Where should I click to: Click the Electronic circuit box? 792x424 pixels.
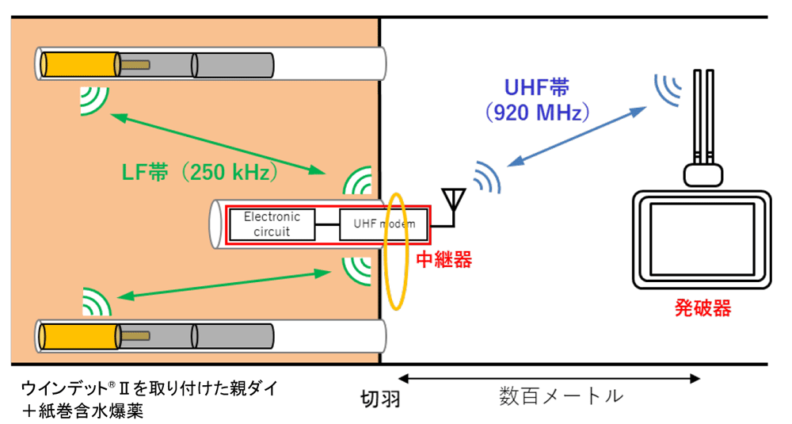[x=272, y=224]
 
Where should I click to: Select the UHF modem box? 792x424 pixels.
[x=384, y=224]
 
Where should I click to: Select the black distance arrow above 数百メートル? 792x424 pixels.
[x=549, y=379]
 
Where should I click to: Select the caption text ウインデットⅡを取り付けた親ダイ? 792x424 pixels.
[x=150, y=389]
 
